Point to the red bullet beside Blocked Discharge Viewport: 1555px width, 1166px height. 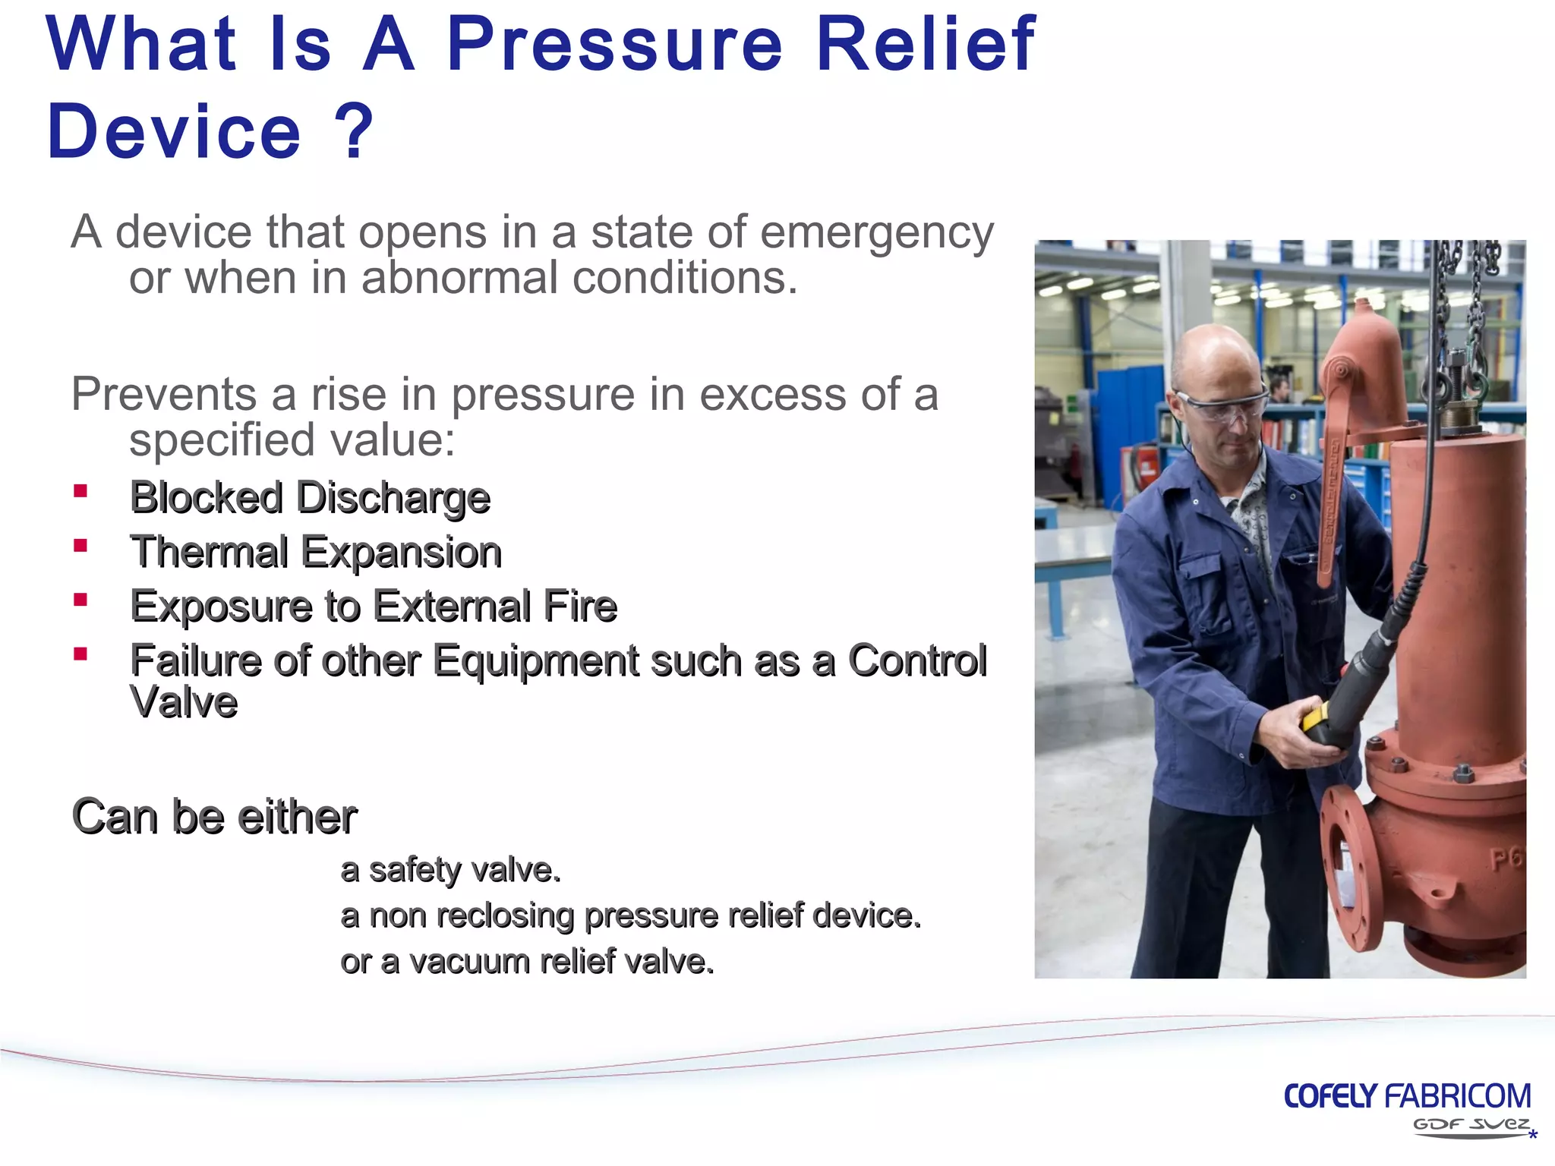coord(80,491)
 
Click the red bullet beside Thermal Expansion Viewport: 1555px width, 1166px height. coord(80,545)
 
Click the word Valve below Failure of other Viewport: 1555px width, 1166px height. coord(184,702)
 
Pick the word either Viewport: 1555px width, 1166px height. coord(296,818)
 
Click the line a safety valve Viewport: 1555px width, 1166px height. coord(451,870)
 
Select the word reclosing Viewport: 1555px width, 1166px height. coord(504,916)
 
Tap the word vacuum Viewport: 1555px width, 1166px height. coord(469,963)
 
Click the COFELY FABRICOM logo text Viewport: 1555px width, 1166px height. coord(1406,1096)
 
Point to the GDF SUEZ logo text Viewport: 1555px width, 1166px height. coord(1470,1124)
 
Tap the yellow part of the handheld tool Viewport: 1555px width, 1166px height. coord(1316,716)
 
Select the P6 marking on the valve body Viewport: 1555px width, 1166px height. coord(1506,859)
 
